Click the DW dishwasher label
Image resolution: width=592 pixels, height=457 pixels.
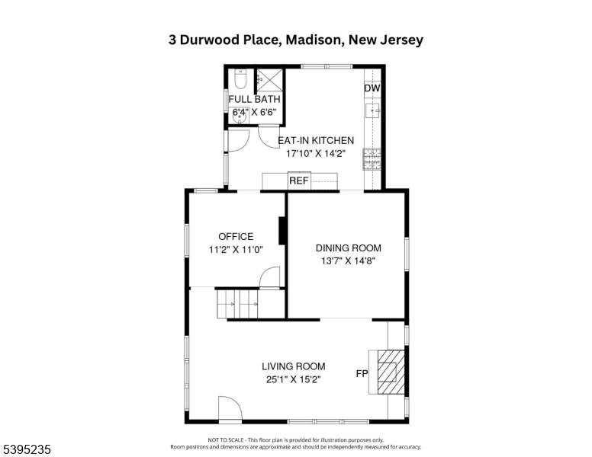click(x=372, y=88)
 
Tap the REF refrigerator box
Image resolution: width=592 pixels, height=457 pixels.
click(x=299, y=181)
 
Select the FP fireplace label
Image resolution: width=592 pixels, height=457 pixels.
click(x=362, y=374)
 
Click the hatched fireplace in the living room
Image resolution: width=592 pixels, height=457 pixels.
click(x=391, y=372)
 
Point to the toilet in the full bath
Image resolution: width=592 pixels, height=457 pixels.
click(x=240, y=78)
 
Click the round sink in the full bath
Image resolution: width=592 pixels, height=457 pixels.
click(x=240, y=117)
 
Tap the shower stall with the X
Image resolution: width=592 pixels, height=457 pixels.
click(x=269, y=80)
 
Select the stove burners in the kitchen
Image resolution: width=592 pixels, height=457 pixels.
click(x=372, y=159)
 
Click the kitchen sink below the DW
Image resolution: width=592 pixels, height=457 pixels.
click(x=372, y=110)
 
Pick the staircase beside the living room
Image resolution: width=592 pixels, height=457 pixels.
click(x=238, y=304)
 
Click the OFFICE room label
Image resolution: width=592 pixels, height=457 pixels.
click(x=236, y=236)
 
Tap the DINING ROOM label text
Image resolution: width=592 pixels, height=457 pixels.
click(x=349, y=248)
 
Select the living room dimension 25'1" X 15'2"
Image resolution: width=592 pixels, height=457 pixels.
click(x=294, y=379)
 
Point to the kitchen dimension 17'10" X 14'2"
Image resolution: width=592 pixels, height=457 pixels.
click(x=316, y=153)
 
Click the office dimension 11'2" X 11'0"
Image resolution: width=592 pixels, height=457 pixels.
click(x=236, y=249)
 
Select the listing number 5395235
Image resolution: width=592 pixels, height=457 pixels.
click(x=27, y=449)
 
